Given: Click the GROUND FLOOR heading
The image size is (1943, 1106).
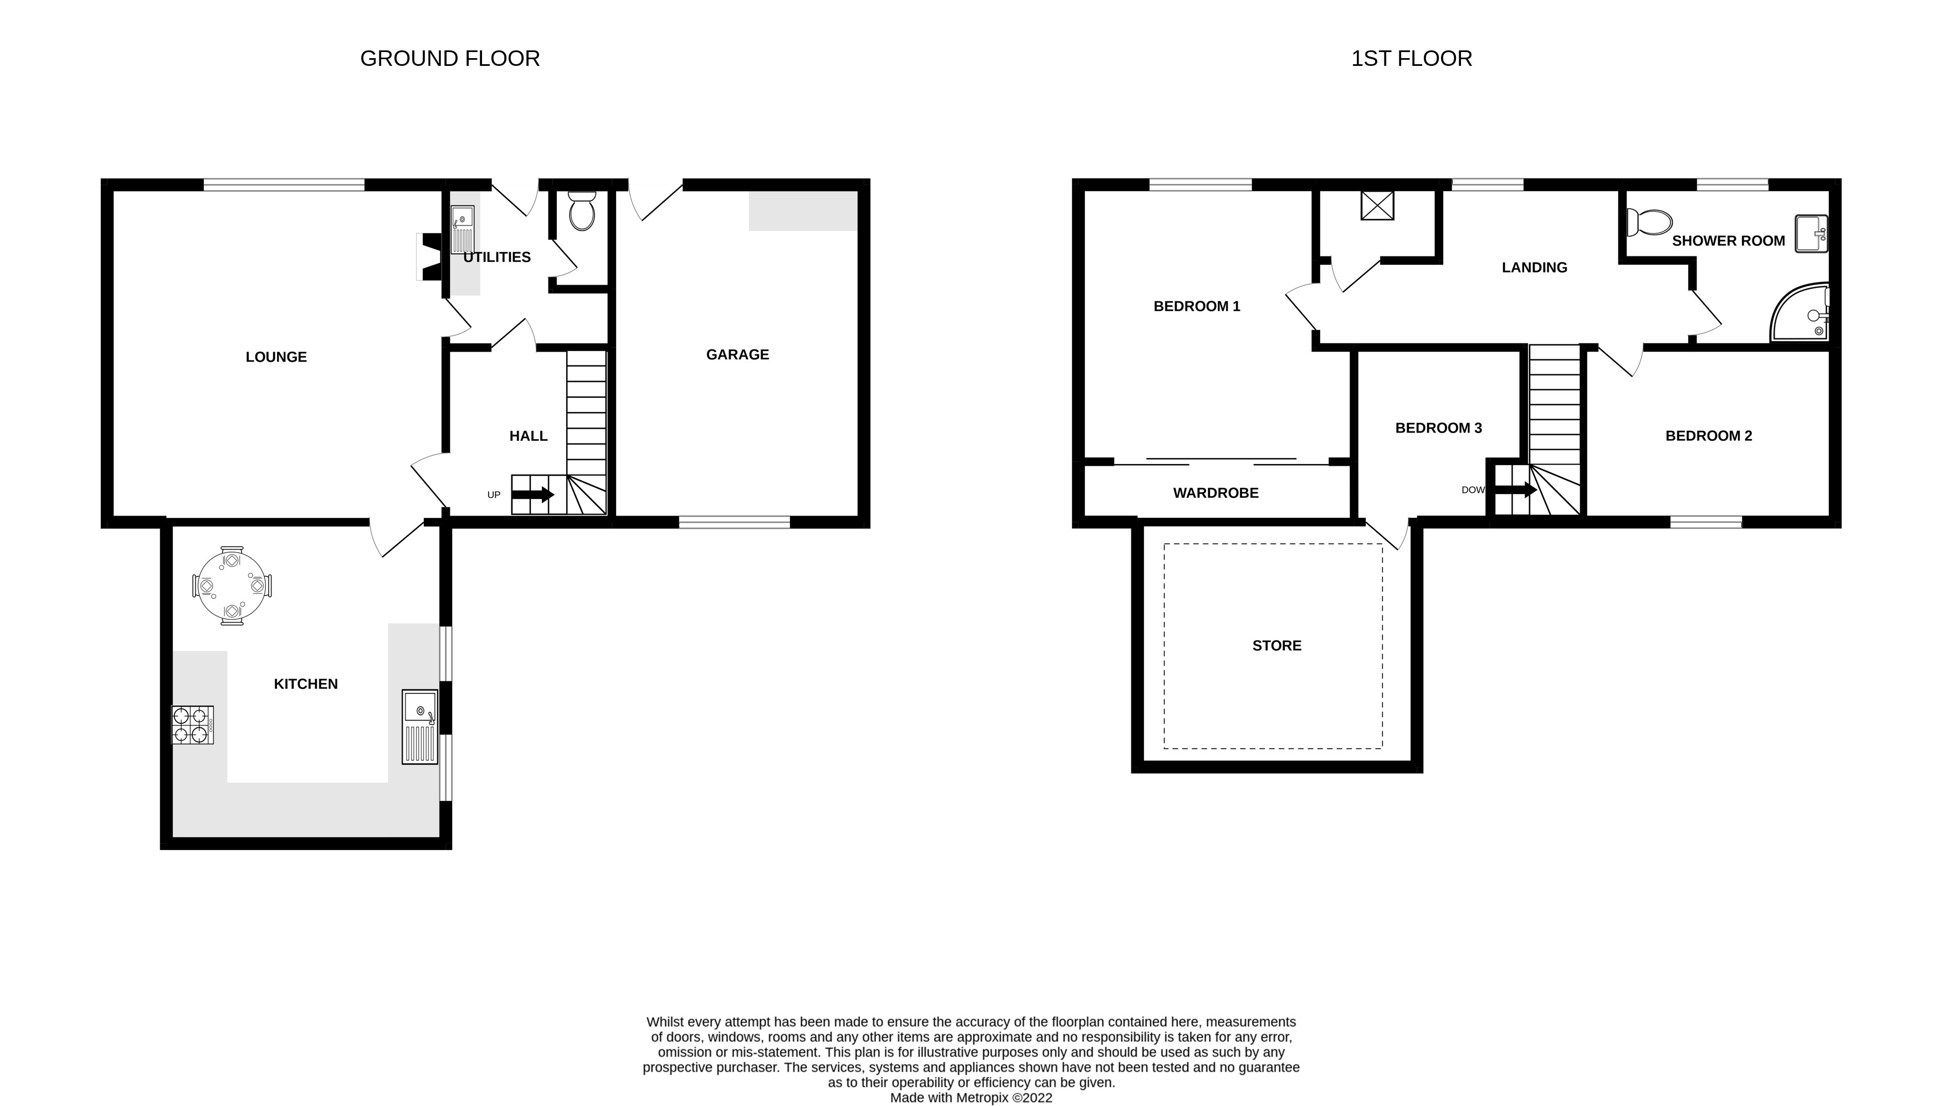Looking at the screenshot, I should pyautogui.click(x=450, y=59).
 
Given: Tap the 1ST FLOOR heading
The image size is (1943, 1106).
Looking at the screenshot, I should pyautogui.click(x=1411, y=59).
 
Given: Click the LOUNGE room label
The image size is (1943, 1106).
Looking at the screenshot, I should pyautogui.click(x=276, y=357).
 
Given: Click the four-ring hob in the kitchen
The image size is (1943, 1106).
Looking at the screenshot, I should pyautogui.click(x=192, y=724).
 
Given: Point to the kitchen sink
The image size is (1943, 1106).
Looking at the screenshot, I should pyautogui.click(x=419, y=726).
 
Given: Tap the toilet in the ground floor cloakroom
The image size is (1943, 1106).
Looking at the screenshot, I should pyautogui.click(x=582, y=212).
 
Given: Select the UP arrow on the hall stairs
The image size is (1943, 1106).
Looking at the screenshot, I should pyautogui.click(x=532, y=495).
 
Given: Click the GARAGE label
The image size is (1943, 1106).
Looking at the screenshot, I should pyautogui.click(x=737, y=355).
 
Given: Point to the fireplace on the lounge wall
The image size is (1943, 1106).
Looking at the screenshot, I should pyautogui.click(x=429, y=257).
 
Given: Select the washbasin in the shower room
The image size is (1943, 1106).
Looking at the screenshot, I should pyautogui.click(x=1811, y=233).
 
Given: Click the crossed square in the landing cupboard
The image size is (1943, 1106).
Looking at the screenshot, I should pyautogui.click(x=1377, y=205).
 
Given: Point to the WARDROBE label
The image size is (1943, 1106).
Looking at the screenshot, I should pyautogui.click(x=1215, y=493).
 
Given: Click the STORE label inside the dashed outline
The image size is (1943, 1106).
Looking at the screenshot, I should pyautogui.click(x=1276, y=646).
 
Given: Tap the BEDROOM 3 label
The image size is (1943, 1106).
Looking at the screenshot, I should pyautogui.click(x=1438, y=429).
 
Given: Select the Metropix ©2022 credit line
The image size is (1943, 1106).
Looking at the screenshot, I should pyautogui.click(x=970, y=1098).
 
